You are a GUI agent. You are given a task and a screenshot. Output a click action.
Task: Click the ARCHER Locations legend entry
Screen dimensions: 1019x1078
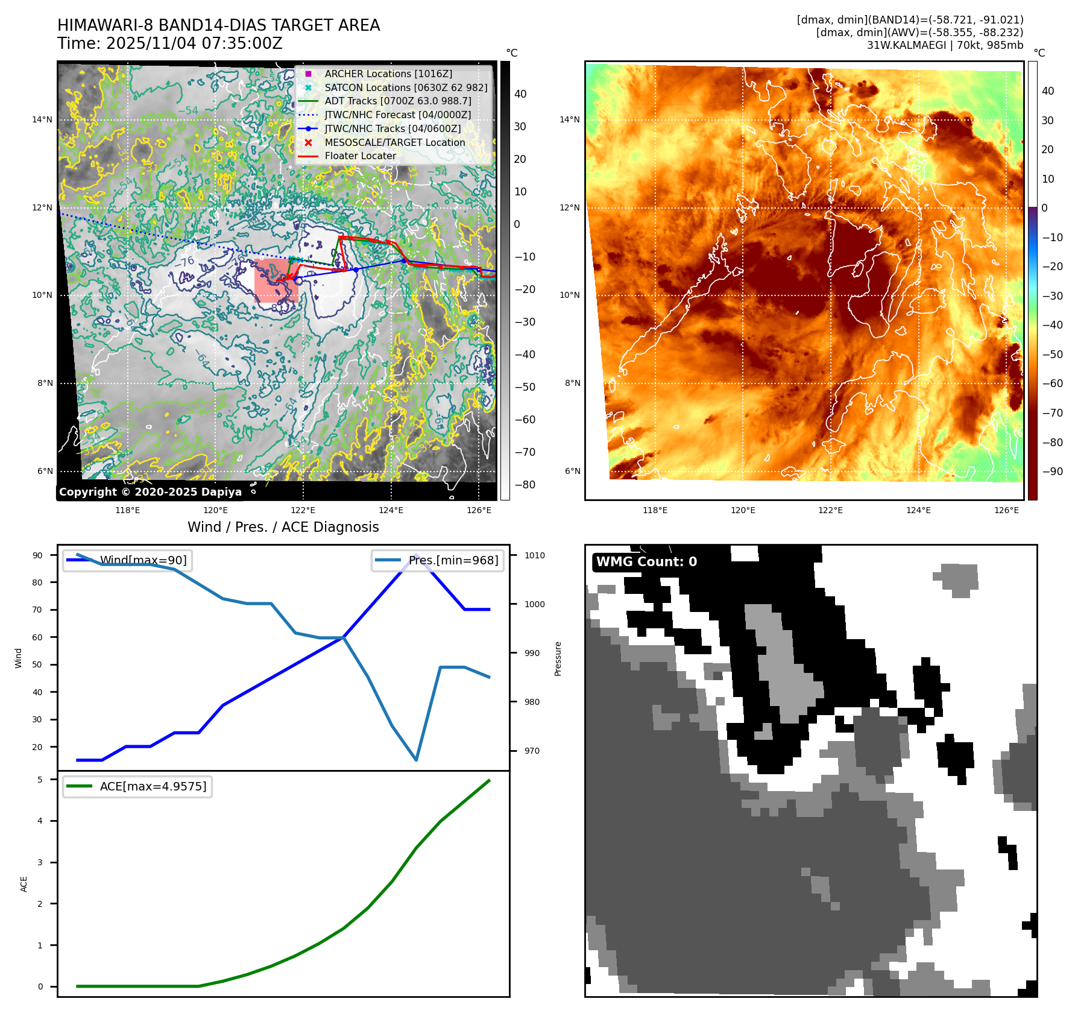click(x=388, y=74)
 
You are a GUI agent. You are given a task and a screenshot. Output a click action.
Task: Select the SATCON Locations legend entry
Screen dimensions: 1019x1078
click(x=405, y=87)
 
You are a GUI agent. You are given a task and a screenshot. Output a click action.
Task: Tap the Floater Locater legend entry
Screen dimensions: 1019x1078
click(x=360, y=156)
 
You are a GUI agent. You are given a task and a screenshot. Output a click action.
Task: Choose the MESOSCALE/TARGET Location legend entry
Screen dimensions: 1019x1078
click(x=394, y=142)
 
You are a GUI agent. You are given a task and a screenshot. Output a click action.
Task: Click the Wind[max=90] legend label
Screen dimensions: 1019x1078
click(x=143, y=560)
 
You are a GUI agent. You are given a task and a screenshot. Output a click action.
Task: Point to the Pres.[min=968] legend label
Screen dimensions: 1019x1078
click(x=453, y=560)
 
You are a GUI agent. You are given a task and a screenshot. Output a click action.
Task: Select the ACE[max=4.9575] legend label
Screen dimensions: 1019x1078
click(x=153, y=786)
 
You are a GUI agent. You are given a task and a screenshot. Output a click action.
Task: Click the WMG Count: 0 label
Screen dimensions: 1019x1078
click(x=646, y=562)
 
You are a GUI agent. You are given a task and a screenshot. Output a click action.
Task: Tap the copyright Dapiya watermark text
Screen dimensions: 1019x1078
click(x=150, y=492)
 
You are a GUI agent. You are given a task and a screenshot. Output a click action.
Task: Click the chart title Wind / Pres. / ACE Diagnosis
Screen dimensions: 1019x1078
click(x=283, y=527)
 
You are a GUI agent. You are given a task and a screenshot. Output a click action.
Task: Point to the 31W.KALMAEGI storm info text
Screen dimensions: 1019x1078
click(x=945, y=45)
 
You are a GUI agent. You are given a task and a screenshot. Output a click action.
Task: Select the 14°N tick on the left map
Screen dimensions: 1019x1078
click(x=42, y=119)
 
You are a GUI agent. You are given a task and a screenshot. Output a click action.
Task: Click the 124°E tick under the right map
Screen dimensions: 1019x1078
click(x=918, y=510)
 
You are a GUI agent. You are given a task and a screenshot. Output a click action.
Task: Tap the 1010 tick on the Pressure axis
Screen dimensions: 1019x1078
click(x=534, y=555)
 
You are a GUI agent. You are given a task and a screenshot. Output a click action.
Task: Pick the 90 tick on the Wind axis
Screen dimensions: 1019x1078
click(x=37, y=555)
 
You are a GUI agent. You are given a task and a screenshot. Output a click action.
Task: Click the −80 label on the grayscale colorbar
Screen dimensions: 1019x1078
click(x=525, y=485)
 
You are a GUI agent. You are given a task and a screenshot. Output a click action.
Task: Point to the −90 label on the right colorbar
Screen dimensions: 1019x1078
click(x=1052, y=472)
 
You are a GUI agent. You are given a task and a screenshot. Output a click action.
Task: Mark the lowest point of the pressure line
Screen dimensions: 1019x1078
click(x=416, y=760)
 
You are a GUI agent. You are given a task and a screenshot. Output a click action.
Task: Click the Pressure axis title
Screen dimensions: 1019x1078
click(x=558, y=658)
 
